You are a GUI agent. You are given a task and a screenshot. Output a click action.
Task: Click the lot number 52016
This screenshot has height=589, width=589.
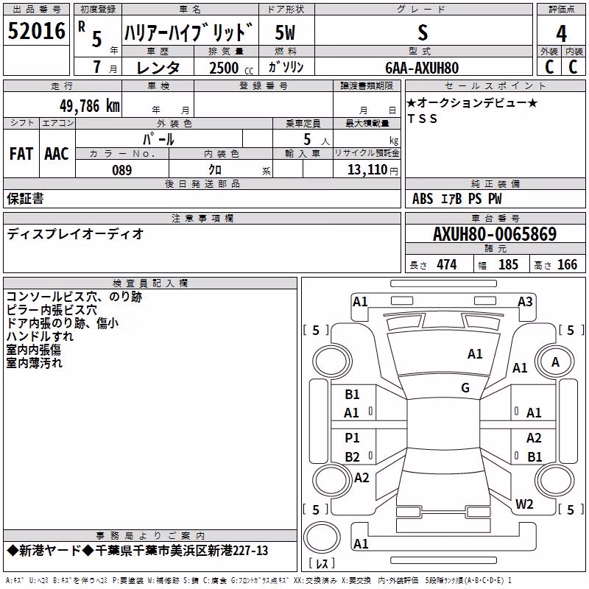[36, 31]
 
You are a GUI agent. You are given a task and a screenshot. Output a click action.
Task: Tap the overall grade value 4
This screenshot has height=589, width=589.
[561, 33]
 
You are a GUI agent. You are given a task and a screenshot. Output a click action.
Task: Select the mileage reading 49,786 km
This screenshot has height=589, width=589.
[89, 106]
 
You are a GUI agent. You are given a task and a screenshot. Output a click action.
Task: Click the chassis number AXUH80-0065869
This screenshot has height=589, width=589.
[495, 233]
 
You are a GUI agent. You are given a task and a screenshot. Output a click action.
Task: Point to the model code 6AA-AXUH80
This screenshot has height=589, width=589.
[422, 68]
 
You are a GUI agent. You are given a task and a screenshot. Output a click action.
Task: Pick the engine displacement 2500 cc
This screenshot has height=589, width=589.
[231, 68]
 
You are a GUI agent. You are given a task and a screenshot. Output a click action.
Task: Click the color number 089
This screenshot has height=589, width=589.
[122, 170]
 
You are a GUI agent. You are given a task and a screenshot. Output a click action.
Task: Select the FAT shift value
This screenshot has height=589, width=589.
[21, 154]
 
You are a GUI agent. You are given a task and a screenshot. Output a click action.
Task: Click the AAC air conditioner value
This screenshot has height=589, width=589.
[57, 154]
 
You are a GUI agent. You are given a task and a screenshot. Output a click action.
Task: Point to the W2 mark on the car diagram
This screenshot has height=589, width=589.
[524, 504]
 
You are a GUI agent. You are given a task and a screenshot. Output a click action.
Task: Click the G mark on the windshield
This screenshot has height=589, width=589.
[465, 387]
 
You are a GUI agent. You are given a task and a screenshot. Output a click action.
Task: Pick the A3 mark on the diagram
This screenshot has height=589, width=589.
[525, 302]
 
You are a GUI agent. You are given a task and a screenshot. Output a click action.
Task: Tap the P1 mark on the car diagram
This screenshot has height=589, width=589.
[352, 437]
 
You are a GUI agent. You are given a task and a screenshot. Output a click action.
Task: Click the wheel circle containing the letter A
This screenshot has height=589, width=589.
[555, 361]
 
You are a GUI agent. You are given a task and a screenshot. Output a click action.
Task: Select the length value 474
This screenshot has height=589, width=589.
[447, 264]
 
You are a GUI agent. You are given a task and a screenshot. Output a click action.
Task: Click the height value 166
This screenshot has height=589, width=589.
[567, 264]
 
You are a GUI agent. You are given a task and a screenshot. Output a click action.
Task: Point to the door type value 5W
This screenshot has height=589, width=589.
[285, 32]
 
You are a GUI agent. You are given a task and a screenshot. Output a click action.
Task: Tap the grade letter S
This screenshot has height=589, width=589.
[423, 32]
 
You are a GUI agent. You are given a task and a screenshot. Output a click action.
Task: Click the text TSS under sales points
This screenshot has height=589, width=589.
[423, 119]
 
